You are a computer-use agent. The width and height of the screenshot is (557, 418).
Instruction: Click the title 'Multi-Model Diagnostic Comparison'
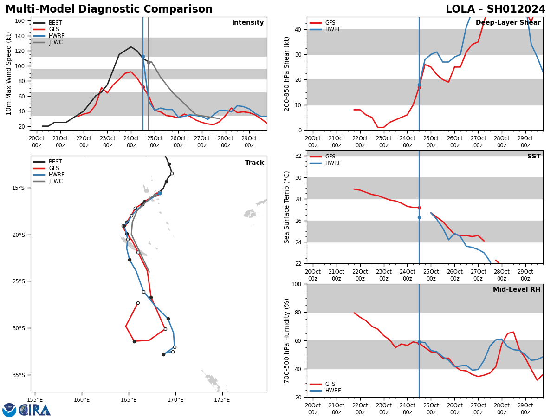[x=109, y=9]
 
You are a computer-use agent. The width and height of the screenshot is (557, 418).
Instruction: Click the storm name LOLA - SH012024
[x=495, y=9]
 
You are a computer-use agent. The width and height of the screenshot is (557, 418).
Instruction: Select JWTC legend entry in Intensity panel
[x=55, y=43]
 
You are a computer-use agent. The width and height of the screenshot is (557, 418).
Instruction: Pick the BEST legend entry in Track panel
[x=55, y=162]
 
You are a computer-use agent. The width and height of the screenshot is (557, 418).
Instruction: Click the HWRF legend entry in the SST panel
[x=333, y=163]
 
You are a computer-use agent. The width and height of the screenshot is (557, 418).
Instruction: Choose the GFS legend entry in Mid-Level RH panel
[x=330, y=384]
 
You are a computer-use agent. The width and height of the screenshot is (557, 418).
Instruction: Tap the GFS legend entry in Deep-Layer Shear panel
[x=330, y=23]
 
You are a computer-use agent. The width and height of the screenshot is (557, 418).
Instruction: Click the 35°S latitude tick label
[x=18, y=375]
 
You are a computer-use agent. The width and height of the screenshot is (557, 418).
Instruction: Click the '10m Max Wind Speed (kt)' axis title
[x=9, y=73]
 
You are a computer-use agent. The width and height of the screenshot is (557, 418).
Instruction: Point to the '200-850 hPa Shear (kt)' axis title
[x=287, y=73]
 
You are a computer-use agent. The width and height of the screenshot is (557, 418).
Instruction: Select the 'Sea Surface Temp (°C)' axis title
[x=287, y=207]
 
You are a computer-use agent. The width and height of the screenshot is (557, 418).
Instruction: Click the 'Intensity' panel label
[x=248, y=23]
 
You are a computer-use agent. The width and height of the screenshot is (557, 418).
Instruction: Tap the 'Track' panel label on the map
[x=254, y=163]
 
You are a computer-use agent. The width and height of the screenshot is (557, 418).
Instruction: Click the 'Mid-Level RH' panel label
[x=516, y=290]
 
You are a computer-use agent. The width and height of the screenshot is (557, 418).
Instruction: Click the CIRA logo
[x=34, y=410]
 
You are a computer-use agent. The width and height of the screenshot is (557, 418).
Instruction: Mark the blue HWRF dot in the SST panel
[x=419, y=217]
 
